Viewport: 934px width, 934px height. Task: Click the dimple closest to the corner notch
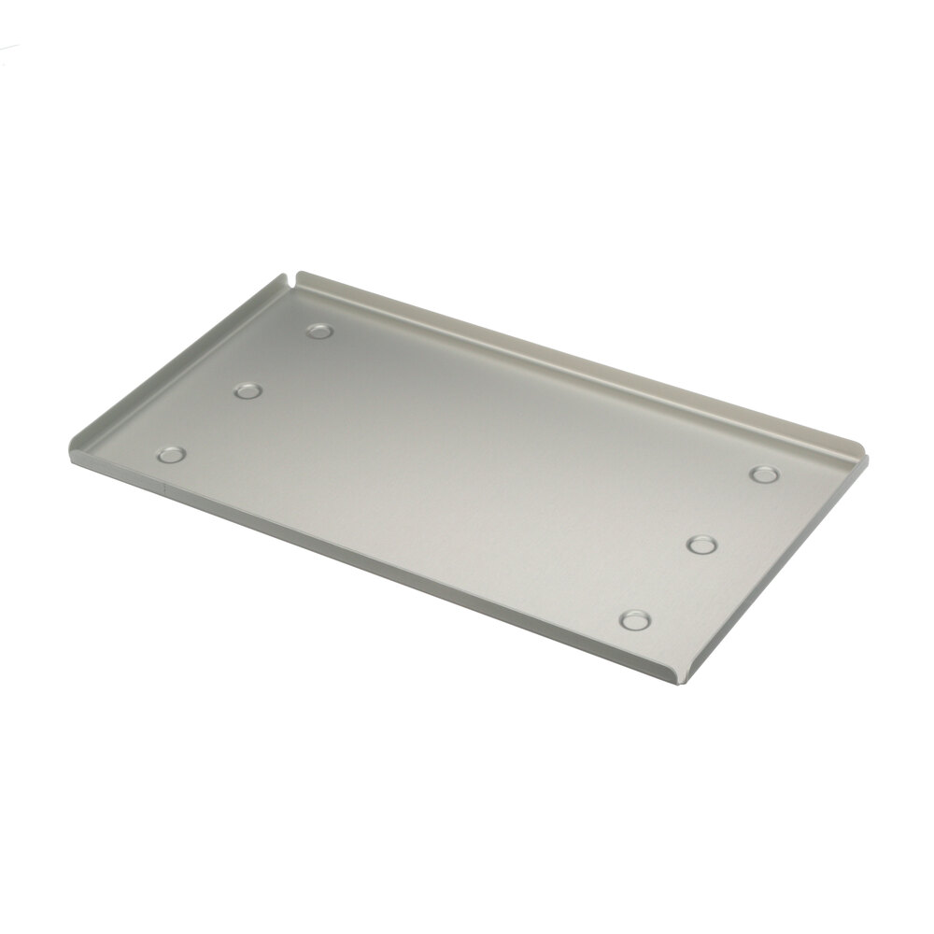319,332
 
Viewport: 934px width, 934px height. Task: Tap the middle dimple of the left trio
247,391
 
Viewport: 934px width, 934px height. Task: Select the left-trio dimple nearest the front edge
171,456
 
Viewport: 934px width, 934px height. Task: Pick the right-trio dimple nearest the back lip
765,474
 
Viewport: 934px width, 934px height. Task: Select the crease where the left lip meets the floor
187,370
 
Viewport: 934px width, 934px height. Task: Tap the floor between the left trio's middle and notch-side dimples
283,361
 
